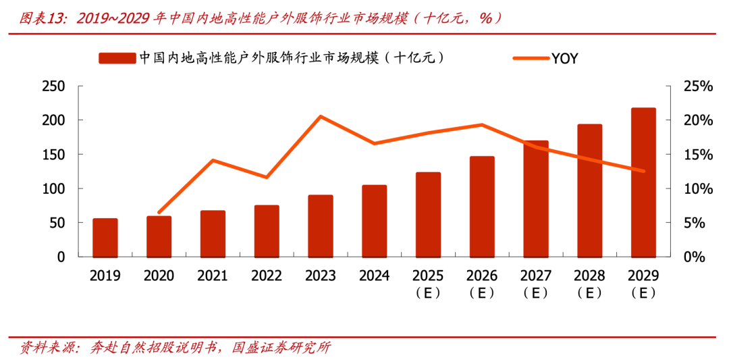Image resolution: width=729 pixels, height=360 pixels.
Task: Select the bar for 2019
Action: tap(105, 238)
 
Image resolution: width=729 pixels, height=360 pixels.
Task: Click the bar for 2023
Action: tap(321, 226)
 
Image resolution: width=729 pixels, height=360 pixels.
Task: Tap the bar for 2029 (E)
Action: tap(643, 182)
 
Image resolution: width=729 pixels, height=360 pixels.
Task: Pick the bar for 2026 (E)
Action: tap(482, 207)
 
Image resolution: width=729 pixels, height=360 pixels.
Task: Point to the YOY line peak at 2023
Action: tap(321, 116)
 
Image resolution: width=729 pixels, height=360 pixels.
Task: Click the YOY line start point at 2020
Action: tap(159, 213)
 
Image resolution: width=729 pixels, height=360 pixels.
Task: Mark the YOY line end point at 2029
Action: tap(643, 171)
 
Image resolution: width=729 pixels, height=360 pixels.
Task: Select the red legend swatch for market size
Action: tap(117, 58)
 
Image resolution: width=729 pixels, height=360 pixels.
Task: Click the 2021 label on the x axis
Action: tap(213, 276)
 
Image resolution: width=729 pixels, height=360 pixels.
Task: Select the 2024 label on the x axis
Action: tap(374, 276)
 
